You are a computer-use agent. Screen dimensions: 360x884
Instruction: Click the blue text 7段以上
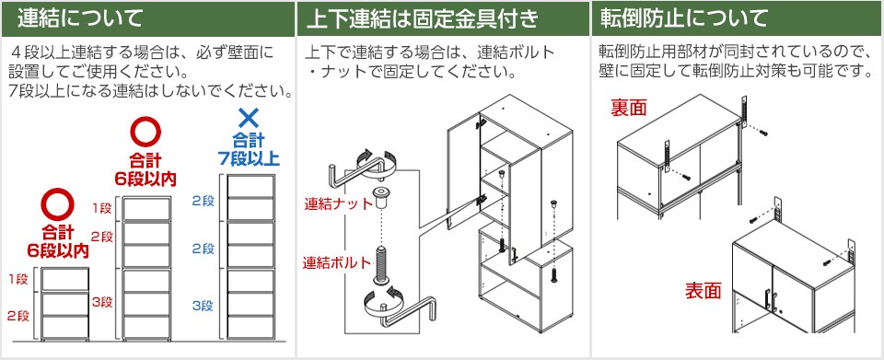[247, 157]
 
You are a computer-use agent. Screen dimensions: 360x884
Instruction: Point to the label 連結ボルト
[335, 262]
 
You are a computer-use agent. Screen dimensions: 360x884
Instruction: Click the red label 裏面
[630, 109]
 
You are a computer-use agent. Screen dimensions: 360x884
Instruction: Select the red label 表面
[703, 291]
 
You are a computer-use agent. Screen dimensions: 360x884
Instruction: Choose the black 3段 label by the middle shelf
[102, 301]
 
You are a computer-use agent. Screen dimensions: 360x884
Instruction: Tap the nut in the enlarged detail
[378, 199]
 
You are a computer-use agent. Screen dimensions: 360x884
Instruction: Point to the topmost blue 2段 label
[202, 200]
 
